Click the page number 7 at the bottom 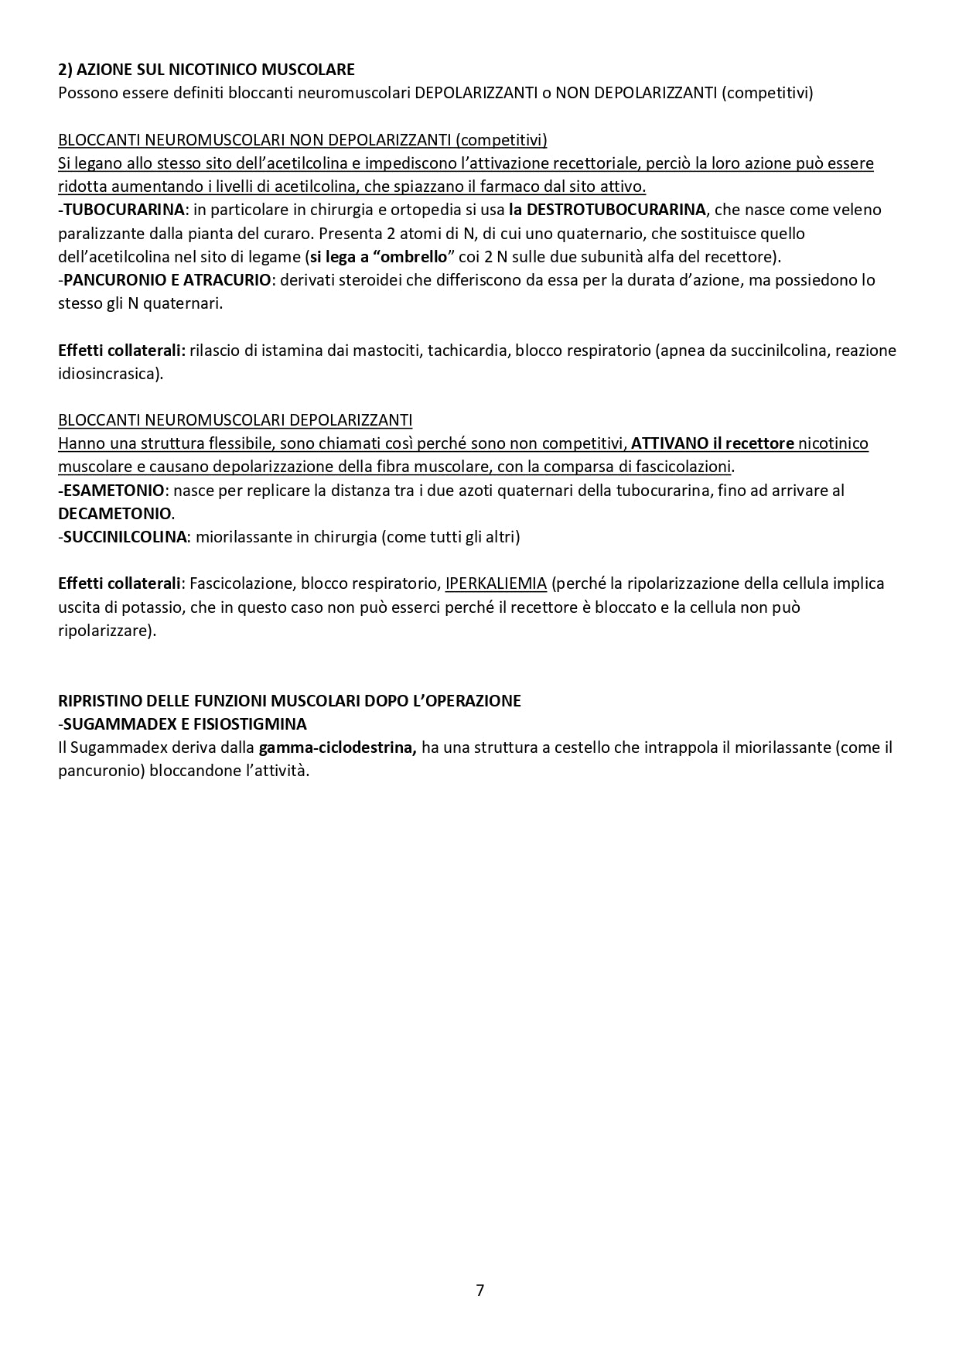pos(479,1290)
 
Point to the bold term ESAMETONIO pos(113,491)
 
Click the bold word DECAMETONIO pos(114,514)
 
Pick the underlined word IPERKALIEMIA pos(496,583)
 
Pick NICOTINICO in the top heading pos(218,70)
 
